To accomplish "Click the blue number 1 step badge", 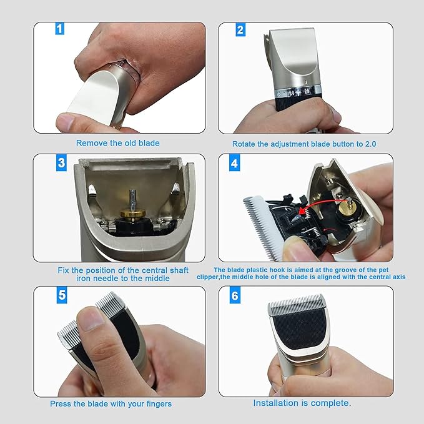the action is click(x=60, y=29).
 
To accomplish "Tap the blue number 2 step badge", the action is click(x=240, y=30).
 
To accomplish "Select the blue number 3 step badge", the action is click(x=61, y=163).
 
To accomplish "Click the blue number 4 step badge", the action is click(x=234, y=163).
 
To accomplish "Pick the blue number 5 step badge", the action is click(x=62, y=295).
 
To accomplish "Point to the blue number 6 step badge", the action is click(x=235, y=295).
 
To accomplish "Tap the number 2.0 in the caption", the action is click(x=370, y=144).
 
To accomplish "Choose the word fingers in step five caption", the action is click(x=159, y=404).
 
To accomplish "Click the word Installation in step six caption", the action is click(x=276, y=403).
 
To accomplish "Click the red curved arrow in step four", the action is click(x=319, y=203).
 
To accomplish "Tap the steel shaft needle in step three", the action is click(x=133, y=200).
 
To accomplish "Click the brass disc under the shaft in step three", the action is click(x=133, y=214).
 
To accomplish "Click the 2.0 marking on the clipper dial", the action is click(x=307, y=91).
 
